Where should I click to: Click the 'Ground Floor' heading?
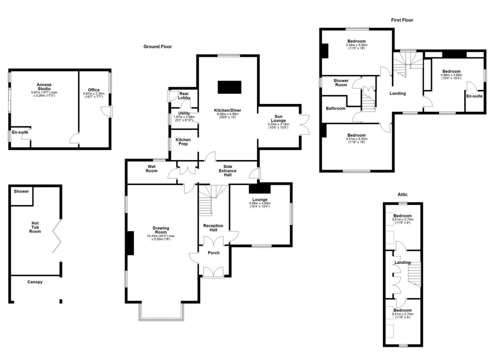(x=157, y=47)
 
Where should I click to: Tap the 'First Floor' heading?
(x=402, y=20)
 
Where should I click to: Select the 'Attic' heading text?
(x=402, y=194)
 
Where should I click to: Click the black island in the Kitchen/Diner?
(x=229, y=87)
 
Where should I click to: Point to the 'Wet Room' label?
(x=152, y=168)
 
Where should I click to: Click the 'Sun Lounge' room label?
(x=278, y=118)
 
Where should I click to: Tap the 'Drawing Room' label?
(x=161, y=230)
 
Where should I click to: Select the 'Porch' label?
(x=213, y=253)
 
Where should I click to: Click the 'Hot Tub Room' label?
(x=35, y=227)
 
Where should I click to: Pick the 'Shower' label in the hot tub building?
(x=21, y=191)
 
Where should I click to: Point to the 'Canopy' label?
(x=35, y=282)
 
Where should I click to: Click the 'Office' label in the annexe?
(x=94, y=90)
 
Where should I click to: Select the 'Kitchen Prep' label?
(x=183, y=142)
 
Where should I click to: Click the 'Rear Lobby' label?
(x=184, y=96)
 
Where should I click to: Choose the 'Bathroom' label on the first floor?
(x=335, y=109)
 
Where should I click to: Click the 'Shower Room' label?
(x=341, y=83)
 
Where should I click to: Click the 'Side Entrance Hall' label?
(x=227, y=171)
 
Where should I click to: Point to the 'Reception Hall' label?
(x=213, y=228)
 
